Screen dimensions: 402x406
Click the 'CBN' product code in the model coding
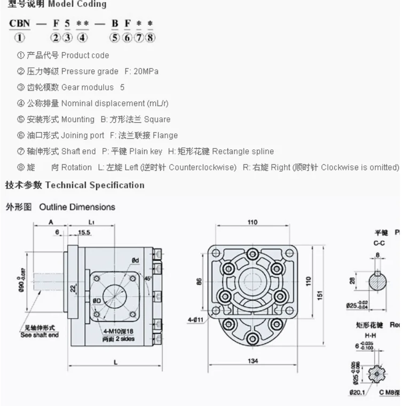pos(19,24)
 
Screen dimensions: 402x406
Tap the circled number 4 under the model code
pos(82,37)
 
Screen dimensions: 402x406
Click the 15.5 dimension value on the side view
pos(84,233)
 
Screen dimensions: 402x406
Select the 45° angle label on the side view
pos(147,278)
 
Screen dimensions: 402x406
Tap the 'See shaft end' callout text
pos(40,335)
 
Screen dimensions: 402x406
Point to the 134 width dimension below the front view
pos(253,361)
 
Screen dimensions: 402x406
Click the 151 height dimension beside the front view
pos(320,295)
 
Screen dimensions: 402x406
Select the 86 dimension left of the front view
pos(199,281)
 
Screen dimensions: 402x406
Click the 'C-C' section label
pos(379,243)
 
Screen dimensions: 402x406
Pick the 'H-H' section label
pos(377,336)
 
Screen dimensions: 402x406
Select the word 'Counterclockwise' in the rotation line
pos(202,167)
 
